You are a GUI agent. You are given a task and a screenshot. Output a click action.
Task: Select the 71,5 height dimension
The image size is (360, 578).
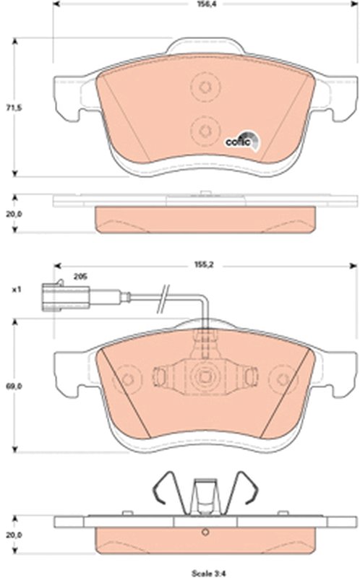point(14,108)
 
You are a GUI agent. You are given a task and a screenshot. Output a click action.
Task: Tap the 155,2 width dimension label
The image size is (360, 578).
point(204,265)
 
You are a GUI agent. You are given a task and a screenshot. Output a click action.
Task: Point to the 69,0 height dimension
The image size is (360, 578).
point(14,387)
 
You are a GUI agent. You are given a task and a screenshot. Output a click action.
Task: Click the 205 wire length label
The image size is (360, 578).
point(80,277)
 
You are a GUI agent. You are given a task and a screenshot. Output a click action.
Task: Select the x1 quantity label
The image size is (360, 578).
point(16,290)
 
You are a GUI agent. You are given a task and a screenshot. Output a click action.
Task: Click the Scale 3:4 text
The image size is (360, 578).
point(208,573)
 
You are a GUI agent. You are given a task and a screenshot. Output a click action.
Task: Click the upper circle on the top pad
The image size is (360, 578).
point(205,87)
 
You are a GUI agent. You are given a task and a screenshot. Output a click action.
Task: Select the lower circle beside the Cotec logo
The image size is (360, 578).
point(205,131)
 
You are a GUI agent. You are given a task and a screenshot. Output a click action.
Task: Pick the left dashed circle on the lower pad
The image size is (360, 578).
point(127,379)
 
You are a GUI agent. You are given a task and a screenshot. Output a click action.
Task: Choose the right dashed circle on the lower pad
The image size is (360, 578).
point(283,379)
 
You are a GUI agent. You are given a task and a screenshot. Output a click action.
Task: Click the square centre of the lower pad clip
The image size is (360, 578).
point(205,376)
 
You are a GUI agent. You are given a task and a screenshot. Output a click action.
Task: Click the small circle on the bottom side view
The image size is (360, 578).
point(205,532)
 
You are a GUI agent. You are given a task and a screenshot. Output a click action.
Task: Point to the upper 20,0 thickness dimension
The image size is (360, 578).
point(14,214)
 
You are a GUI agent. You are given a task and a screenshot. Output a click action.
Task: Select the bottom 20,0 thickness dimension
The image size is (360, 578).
point(14,535)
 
